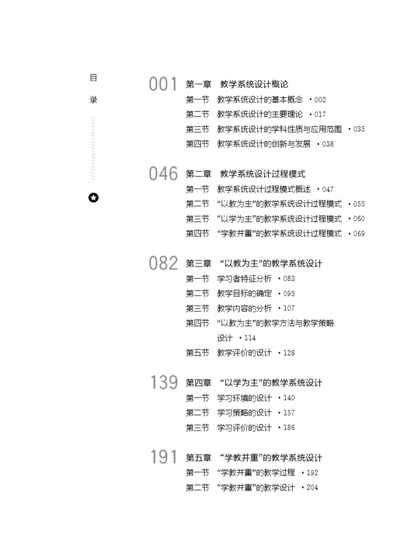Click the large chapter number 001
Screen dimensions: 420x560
(x=163, y=85)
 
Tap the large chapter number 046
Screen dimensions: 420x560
(x=163, y=174)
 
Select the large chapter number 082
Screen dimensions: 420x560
(x=163, y=263)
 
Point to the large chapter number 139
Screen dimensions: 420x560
(x=164, y=383)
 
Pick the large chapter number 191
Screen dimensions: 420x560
(x=164, y=458)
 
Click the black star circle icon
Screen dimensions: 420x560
(x=94, y=198)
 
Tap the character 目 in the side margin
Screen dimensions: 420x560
(x=94, y=78)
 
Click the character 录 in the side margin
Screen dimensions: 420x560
(x=94, y=100)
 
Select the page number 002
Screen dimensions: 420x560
(x=320, y=100)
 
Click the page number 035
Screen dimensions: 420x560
(x=358, y=129)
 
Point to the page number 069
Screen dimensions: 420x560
(x=358, y=234)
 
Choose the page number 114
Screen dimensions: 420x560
(x=250, y=338)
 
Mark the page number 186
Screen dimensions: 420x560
(x=288, y=427)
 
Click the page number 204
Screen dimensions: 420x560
(x=312, y=487)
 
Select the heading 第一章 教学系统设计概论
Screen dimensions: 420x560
(x=237, y=85)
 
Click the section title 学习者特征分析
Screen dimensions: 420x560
(x=244, y=278)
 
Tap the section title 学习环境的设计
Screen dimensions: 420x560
(x=244, y=398)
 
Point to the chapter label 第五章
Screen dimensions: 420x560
(x=198, y=458)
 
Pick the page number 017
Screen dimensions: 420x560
(x=320, y=114)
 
